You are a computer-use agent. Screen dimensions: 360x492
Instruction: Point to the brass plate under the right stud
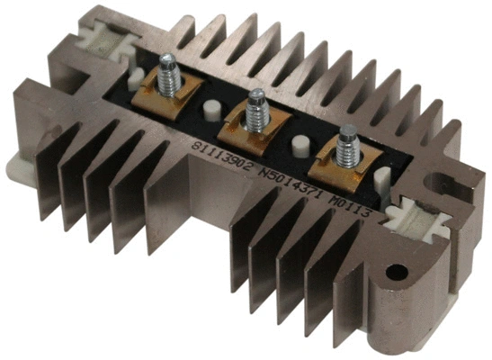(343, 166)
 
